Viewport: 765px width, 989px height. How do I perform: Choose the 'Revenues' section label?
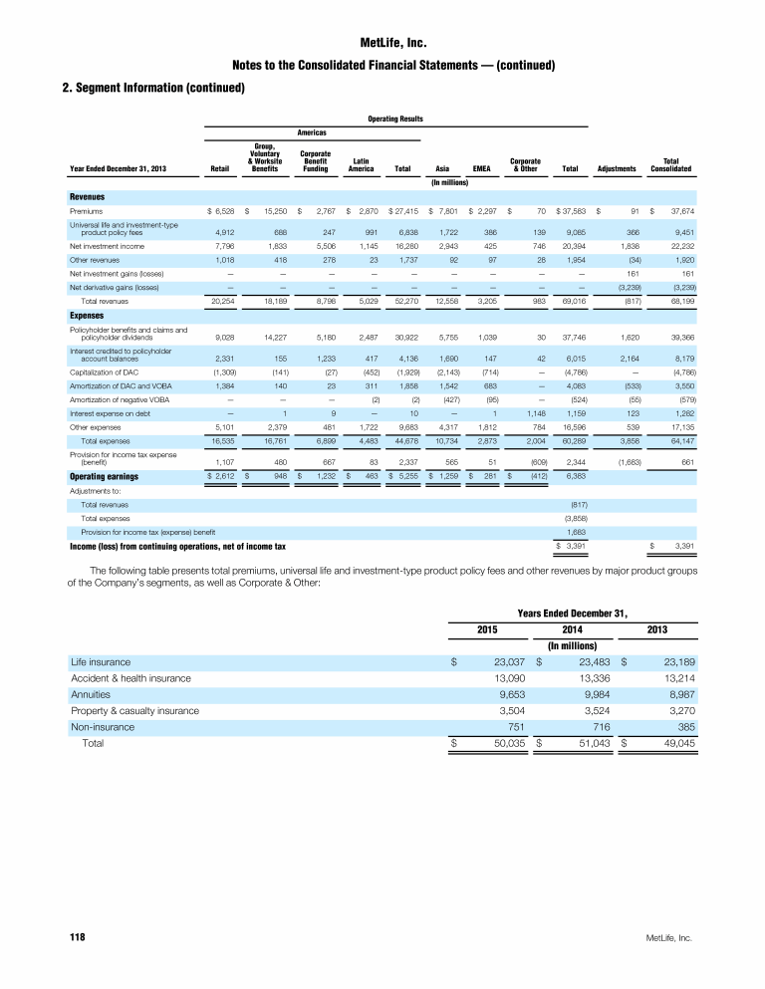(x=88, y=196)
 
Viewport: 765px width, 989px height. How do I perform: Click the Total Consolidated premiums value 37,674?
(x=680, y=211)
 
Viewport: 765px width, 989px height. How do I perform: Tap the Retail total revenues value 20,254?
(x=220, y=301)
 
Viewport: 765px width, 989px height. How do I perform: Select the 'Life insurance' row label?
(x=100, y=660)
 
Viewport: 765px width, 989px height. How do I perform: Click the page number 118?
(x=76, y=938)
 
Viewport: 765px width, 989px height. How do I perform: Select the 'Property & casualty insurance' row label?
(x=134, y=711)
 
